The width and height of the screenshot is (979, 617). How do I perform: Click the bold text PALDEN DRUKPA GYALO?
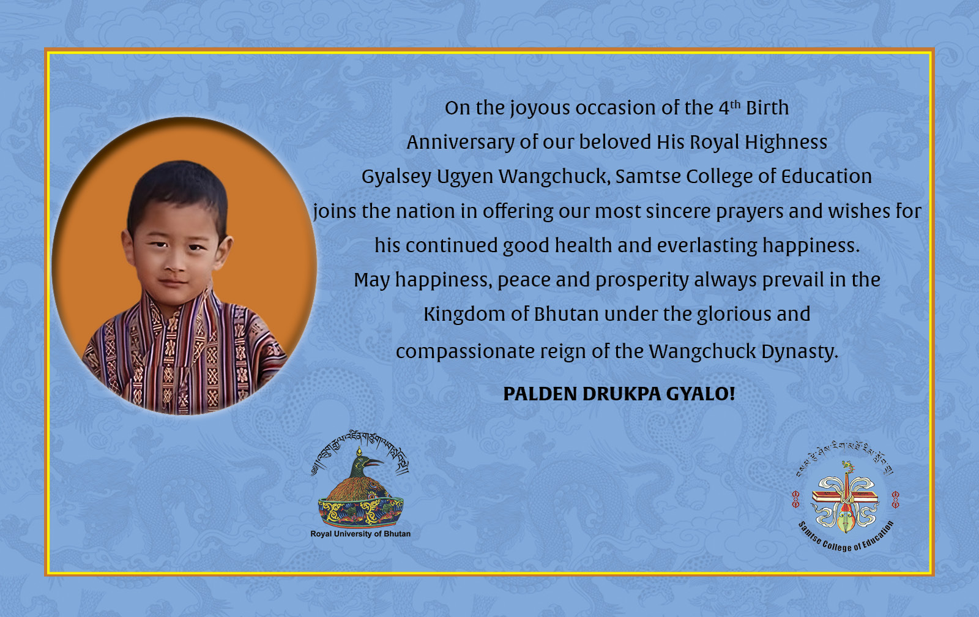[619, 394]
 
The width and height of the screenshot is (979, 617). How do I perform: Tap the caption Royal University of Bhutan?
[360, 534]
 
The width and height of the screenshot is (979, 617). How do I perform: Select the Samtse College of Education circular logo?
[845, 497]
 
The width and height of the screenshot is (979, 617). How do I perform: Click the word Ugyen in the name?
[465, 177]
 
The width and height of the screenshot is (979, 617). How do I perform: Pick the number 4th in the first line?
[729, 107]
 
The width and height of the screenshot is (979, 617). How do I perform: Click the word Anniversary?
[461, 143]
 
